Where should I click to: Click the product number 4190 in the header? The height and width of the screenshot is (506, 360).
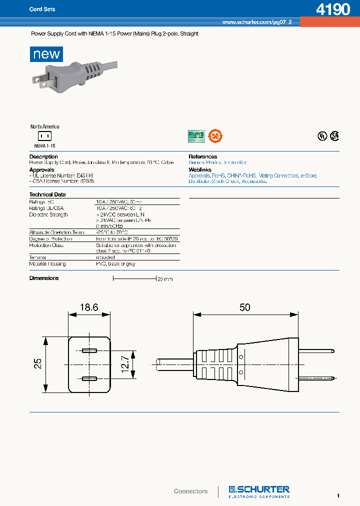click(x=333, y=9)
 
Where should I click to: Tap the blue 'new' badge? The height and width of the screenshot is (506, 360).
click(x=46, y=54)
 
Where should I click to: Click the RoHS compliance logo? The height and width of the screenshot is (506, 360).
click(x=196, y=135)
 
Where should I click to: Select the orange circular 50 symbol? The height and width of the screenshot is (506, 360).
click(x=215, y=135)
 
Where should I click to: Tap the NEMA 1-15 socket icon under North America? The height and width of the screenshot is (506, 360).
click(x=45, y=136)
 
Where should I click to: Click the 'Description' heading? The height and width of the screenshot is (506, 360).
click(x=43, y=157)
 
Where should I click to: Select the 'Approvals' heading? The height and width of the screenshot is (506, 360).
click(x=41, y=170)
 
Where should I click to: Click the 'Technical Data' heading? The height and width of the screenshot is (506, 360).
click(x=47, y=194)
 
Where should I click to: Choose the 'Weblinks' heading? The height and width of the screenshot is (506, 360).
click(x=200, y=170)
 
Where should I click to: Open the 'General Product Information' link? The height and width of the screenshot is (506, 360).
click(x=217, y=162)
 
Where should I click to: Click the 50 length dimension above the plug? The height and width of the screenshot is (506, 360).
click(x=244, y=307)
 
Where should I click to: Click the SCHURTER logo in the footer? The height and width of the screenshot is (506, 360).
click(x=259, y=491)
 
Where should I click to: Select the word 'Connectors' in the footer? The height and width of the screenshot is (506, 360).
click(x=190, y=491)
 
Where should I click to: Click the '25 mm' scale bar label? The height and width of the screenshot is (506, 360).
click(x=165, y=279)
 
